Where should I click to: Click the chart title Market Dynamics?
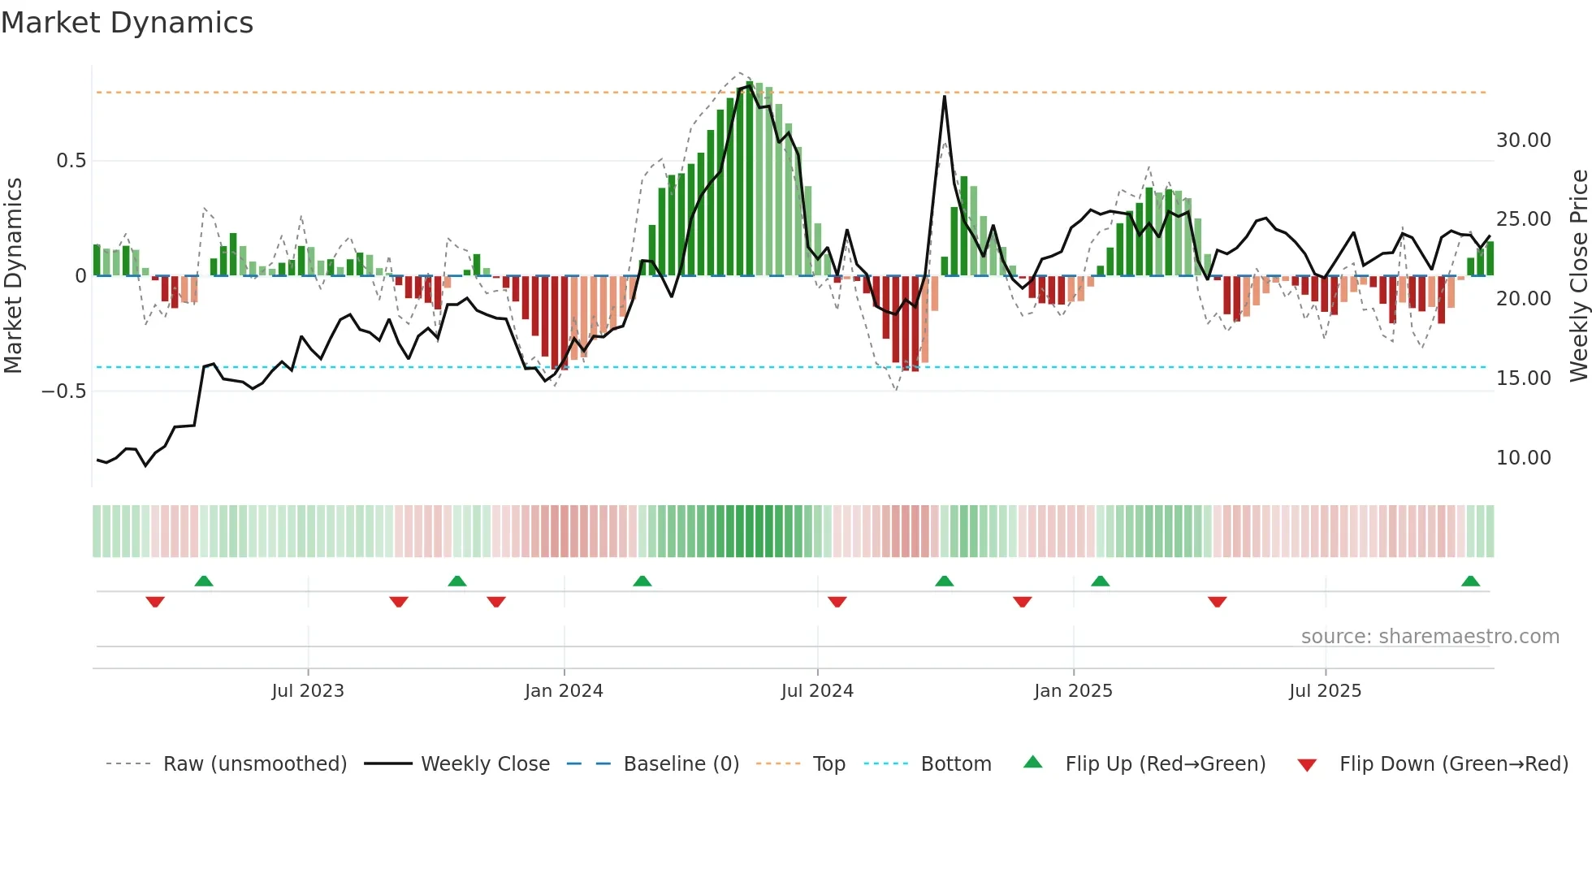tap(127, 23)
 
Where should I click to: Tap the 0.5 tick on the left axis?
tap(71, 161)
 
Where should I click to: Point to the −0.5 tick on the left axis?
tap(63, 391)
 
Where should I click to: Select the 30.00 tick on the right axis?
tap(1523, 141)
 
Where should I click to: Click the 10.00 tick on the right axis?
tap(1523, 458)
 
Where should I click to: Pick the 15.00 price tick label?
tap(1523, 378)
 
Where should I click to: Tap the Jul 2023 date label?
tap(308, 691)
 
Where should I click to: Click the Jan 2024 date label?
tap(564, 691)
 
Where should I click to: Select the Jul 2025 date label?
tap(1325, 691)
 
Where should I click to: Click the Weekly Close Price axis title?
tap(1578, 276)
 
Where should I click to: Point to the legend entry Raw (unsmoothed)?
tap(254, 764)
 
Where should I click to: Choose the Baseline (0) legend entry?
tap(681, 764)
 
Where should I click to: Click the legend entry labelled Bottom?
tap(955, 764)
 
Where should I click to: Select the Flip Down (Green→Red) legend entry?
tap(1453, 764)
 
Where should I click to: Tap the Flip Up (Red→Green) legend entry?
tap(1165, 764)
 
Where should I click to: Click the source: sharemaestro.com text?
tap(1430, 637)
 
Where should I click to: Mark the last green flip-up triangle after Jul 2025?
tap(1470, 582)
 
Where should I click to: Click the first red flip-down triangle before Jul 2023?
tap(155, 602)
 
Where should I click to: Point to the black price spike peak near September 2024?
tap(945, 97)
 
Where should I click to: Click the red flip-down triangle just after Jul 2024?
tap(837, 602)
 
